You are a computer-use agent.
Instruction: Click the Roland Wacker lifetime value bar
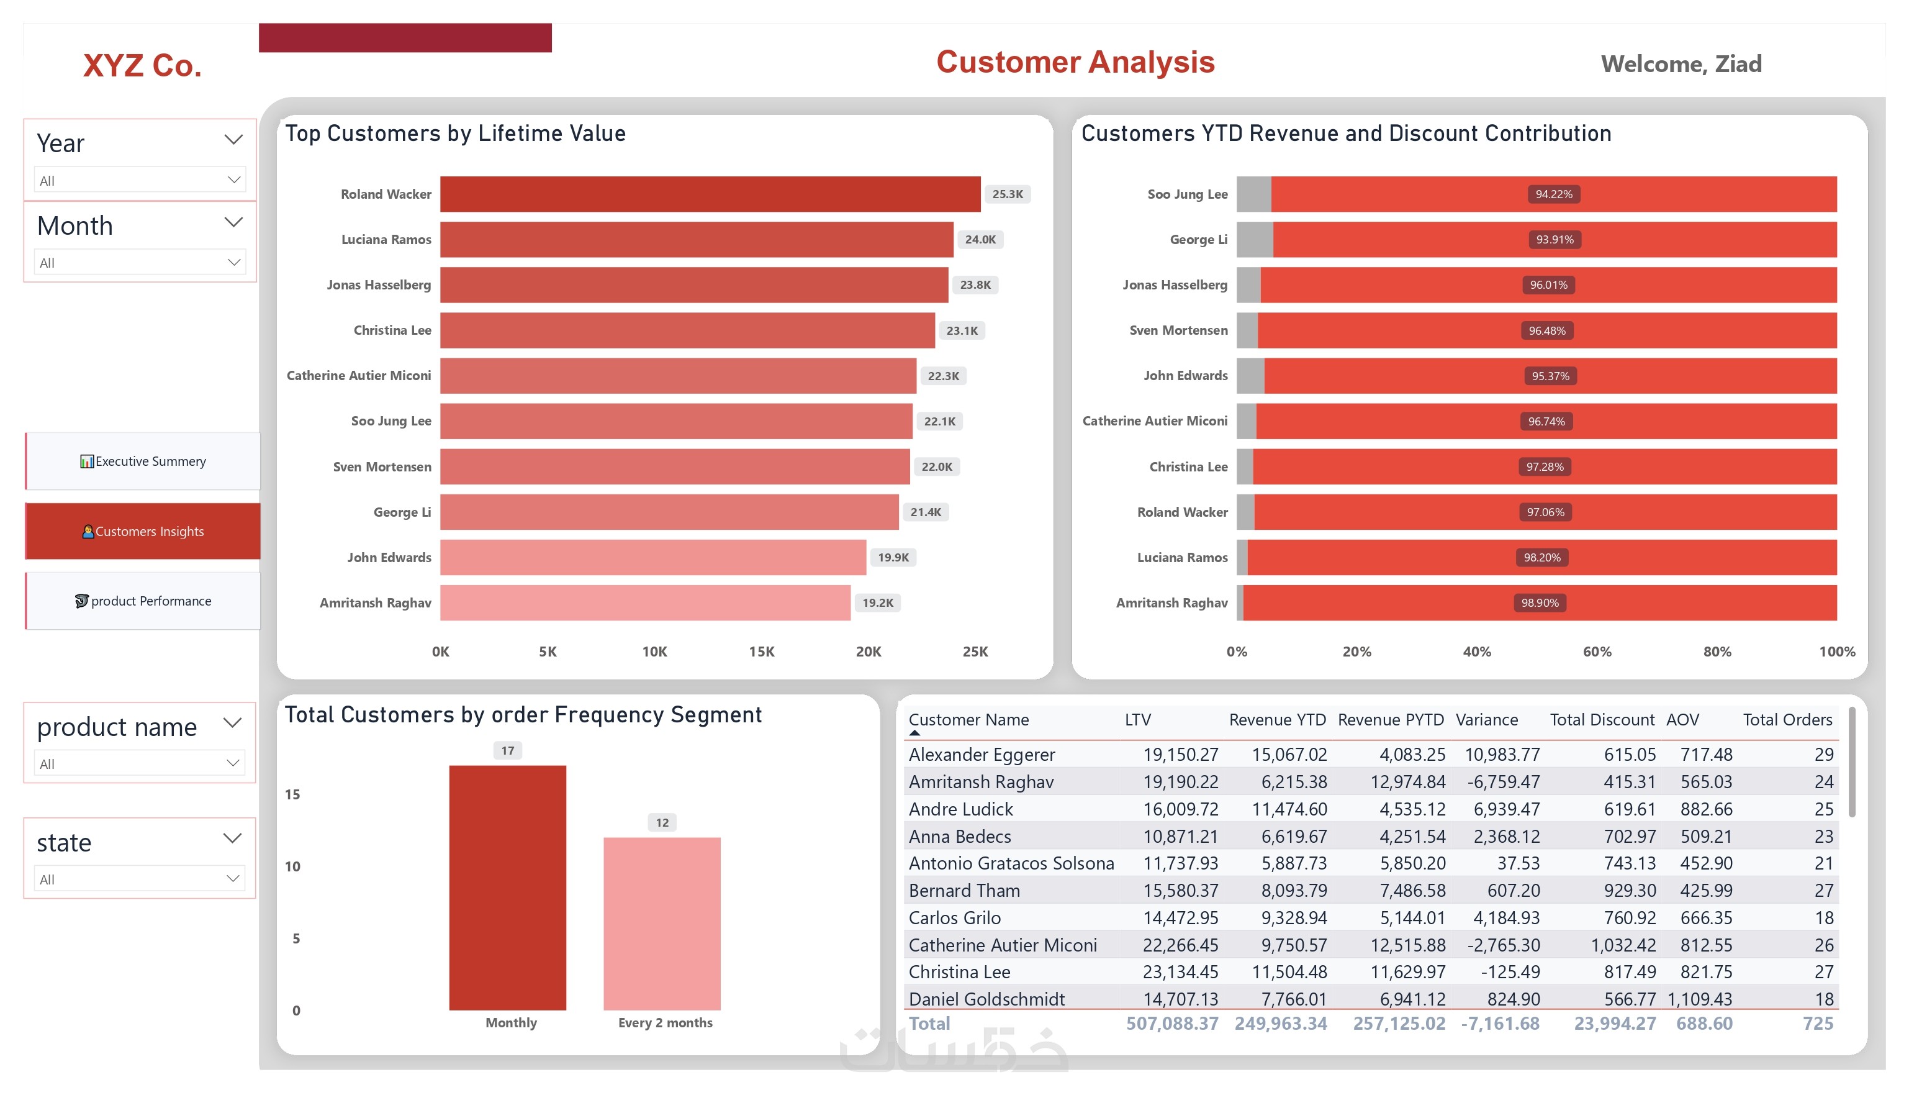click(x=710, y=194)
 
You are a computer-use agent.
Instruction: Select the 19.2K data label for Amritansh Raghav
click(x=877, y=603)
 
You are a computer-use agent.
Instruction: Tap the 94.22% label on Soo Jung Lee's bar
click(x=1553, y=194)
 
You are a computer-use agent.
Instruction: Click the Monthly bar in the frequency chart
click(x=507, y=888)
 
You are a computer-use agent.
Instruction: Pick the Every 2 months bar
click(x=662, y=924)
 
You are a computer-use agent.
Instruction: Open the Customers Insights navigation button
click(x=143, y=531)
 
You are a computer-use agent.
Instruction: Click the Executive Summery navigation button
click(x=143, y=461)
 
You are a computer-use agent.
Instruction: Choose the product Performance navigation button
click(x=143, y=601)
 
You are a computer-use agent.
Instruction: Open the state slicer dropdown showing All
click(x=140, y=879)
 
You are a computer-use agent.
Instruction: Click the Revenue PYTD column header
click(x=1391, y=720)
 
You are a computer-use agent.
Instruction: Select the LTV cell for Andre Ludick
click(x=1180, y=809)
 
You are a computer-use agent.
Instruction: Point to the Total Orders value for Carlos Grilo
click(x=1823, y=917)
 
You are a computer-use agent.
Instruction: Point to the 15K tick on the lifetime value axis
click(x=761, y=652)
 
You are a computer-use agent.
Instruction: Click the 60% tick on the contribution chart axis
click(x=1597, y=652)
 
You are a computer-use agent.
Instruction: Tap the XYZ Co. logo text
click(x=142, y=65)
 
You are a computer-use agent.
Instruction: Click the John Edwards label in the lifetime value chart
click(x=389, y=557)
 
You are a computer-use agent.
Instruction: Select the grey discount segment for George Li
click(x=1255, y=239)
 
